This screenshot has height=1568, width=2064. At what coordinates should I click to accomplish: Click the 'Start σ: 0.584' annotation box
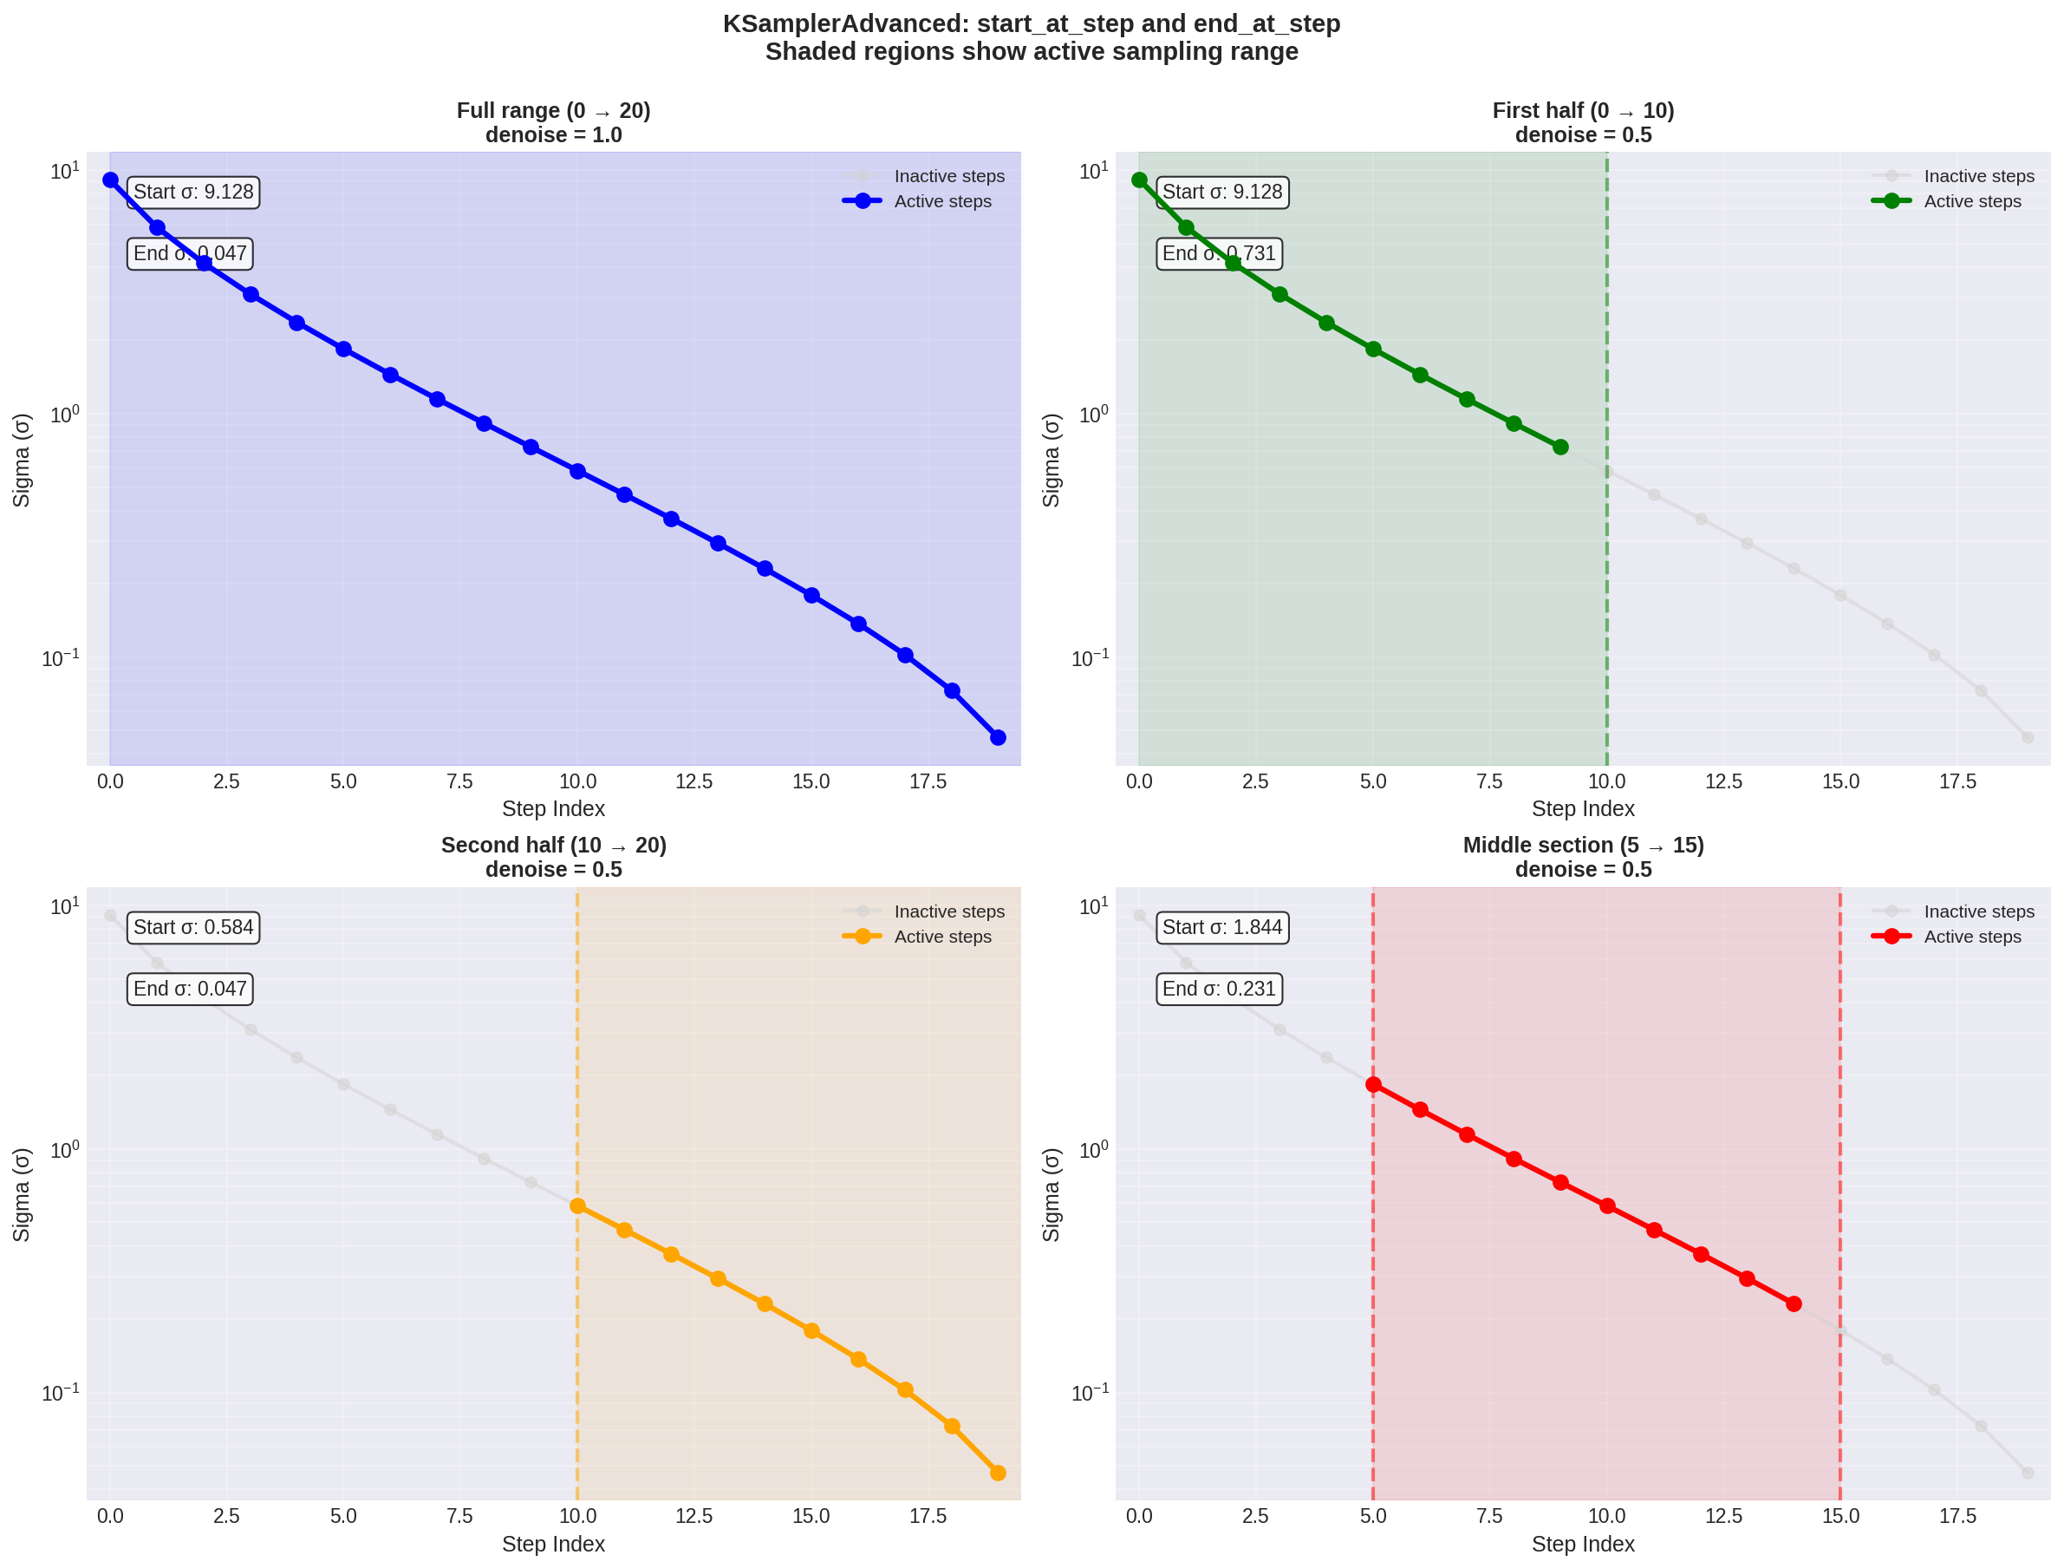pos(193,927)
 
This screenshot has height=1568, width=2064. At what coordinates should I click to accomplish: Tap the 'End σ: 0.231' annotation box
pos(1219,989)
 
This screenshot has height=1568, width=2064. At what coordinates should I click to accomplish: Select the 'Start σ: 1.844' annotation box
pos(1222,927)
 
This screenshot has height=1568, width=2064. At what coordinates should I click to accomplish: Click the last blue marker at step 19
pos(998,737)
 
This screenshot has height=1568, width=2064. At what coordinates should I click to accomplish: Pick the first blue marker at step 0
pos(110,180)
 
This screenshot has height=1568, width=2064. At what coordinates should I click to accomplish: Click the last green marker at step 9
pos(1560,447)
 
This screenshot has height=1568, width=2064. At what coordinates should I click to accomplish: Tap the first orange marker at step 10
pos(577,1205)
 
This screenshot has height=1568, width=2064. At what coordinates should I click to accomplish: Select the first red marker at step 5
pos(1373,1085)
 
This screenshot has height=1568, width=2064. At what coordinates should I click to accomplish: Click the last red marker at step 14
pos(1794,1303)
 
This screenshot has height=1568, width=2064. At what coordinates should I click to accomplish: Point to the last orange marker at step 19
pos(998,1473)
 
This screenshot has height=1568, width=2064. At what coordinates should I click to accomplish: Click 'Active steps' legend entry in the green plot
pos(1971,200)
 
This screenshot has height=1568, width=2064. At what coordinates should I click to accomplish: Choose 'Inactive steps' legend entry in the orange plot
pos(949,911)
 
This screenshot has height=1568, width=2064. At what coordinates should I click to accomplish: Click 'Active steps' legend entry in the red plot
pos(1971,936)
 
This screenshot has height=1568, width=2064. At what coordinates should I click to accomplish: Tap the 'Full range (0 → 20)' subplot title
pos(553,110)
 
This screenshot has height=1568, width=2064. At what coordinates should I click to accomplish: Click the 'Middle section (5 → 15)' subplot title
pos(1583,845)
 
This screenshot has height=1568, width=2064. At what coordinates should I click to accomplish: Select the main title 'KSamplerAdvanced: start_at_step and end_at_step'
pos(1031,23)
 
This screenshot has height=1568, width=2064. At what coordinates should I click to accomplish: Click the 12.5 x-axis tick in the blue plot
pos(693,781)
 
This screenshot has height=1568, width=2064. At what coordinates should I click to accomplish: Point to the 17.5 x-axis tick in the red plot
pos(1957,1516)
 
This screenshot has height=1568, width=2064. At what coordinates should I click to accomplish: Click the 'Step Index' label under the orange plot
pos(553,1544)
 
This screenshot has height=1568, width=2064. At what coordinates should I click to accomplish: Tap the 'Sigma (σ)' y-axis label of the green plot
pos(1052,461)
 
